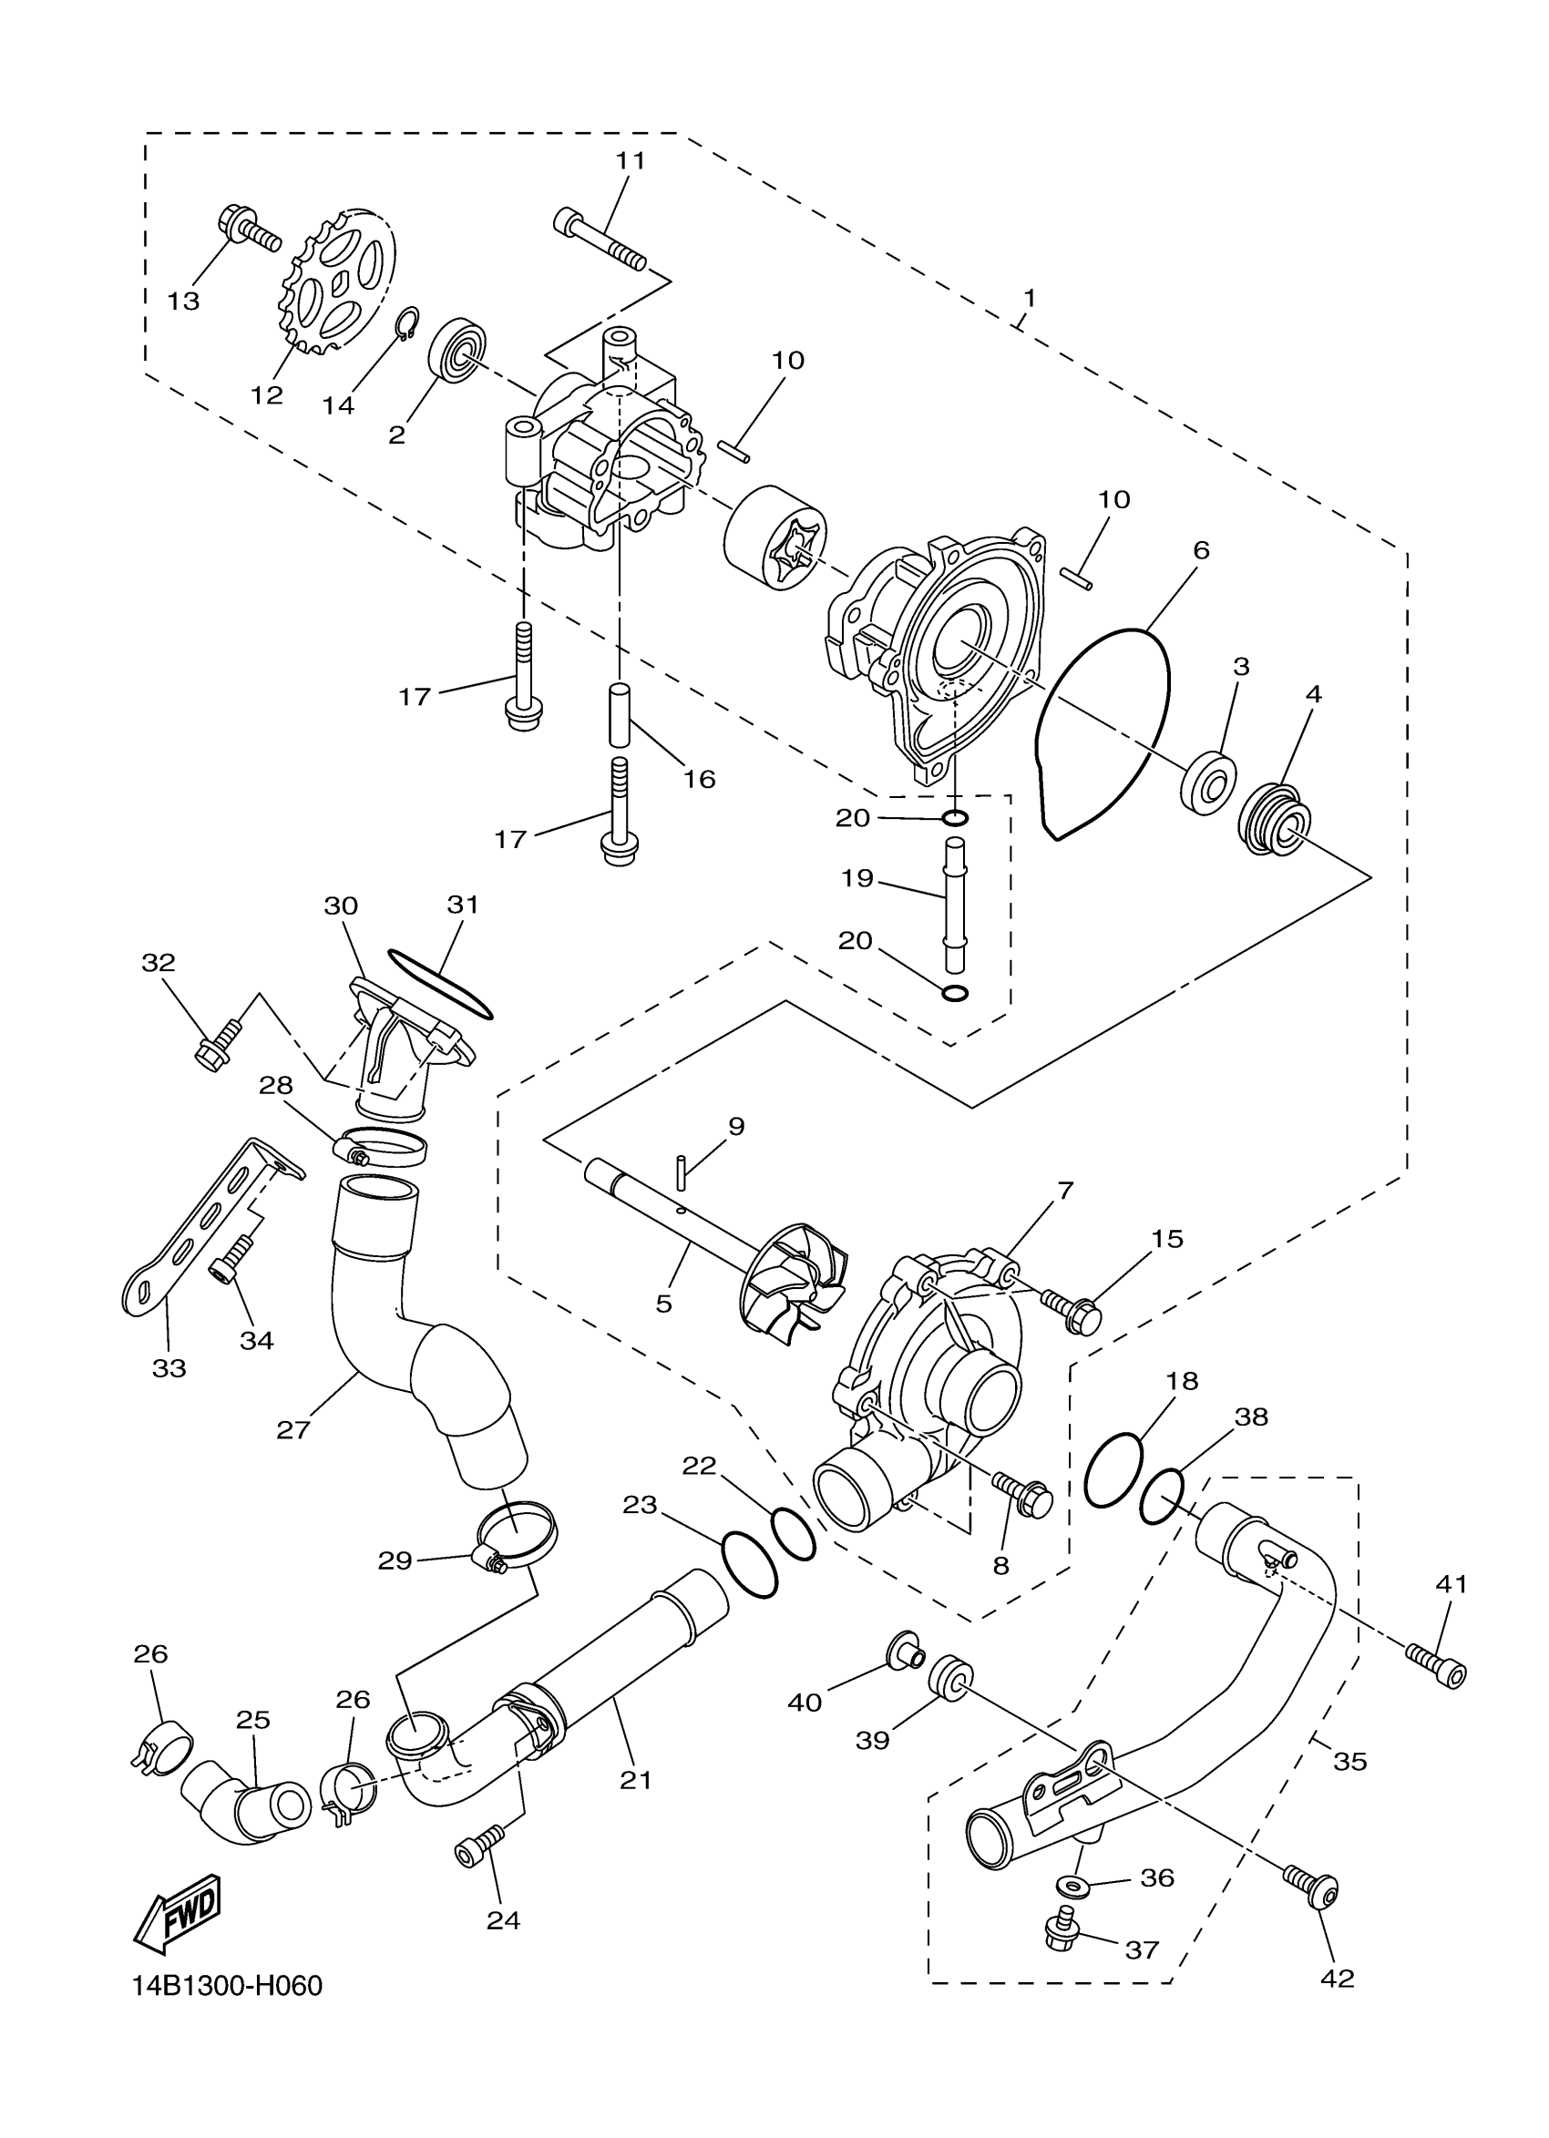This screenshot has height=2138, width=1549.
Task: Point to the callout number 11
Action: [631, 160]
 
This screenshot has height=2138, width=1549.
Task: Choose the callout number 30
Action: [341, 905]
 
